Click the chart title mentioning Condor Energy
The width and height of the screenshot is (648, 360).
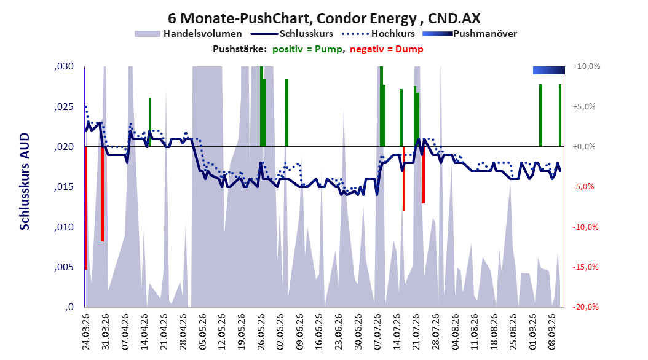[x=324, y=18]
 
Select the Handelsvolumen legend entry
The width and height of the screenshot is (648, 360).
[x=188, y=34]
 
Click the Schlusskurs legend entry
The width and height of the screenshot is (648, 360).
[x=292, y=34]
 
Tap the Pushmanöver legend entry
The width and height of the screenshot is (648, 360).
[x=470, y=34]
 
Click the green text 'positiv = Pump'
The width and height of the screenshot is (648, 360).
[x=307, y=49]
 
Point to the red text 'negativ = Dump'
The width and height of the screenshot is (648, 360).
[x=387, y=49]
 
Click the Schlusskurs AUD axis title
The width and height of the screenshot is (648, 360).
[x=25, y=182]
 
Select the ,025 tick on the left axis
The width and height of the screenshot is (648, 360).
[x=64, y=107]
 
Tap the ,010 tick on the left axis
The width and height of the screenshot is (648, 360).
[x=64, y=227]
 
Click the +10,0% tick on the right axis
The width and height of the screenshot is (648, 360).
[x=587, y=66]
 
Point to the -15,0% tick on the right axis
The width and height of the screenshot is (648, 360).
[x=585, y=267]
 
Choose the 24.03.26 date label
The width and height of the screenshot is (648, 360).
[x=86, y=332]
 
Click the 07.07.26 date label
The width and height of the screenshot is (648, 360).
[x=377, y=332]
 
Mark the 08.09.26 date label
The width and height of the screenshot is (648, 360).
[x=552, y=332]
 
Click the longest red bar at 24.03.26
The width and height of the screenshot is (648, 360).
[x=86, y=208]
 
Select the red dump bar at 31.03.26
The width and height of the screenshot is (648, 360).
[x=102, y=194]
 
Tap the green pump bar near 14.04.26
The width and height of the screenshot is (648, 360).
[x=150, y=122]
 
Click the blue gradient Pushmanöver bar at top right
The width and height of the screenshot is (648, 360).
[x=549, y=70]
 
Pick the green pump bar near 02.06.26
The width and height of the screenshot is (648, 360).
[x=287, y=112]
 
